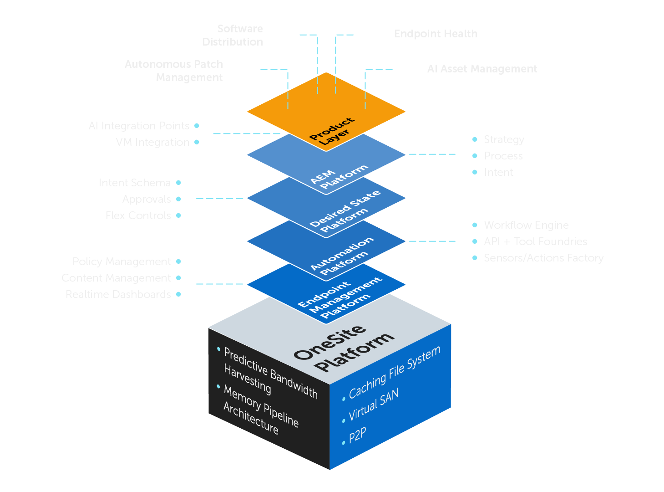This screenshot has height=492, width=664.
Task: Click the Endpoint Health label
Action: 436,34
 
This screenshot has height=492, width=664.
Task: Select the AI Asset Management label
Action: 482,69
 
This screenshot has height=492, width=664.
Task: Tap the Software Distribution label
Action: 233,36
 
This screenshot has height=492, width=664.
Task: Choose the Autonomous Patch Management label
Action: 174,71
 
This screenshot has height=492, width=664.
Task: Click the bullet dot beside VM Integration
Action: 197,142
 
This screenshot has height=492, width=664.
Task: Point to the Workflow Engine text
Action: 526,225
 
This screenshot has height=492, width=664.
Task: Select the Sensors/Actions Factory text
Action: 543,258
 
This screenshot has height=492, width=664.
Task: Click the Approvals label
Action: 140,199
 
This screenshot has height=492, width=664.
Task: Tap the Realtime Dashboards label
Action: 118,294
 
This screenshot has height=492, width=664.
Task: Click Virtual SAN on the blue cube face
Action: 374,405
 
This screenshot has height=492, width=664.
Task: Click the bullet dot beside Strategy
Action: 475,139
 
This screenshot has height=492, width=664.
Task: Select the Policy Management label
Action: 122,261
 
